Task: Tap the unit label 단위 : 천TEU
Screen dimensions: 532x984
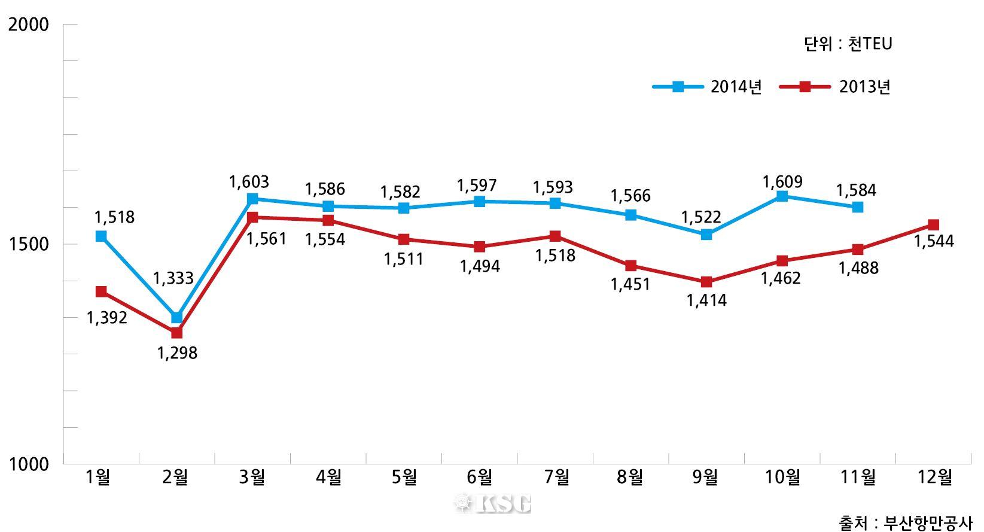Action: tap(848, 44)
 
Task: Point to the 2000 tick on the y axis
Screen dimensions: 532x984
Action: tap(28, 25)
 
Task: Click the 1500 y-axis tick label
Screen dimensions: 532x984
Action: tap(28, 244)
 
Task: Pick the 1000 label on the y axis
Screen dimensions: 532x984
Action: tap(28, 464)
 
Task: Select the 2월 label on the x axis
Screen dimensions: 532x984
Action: tap(176, 478)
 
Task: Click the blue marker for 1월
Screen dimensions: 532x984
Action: tap(101, 236)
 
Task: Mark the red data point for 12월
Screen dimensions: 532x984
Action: tap(933, 225)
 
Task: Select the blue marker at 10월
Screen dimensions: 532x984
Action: tap(782, 196)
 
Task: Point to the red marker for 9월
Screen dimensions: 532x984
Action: tap(706, 282)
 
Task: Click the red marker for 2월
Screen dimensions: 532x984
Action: tap(176, 333)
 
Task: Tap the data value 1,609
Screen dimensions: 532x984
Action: tap(782, 181)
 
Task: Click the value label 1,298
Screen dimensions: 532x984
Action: tap(177, 353)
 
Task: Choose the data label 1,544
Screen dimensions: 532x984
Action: tap(934, 241)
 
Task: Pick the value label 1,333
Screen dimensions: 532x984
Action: tap(173, 278)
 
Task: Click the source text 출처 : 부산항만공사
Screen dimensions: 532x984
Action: tap(905, 522)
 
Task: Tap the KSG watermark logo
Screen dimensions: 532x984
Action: tap(493, 504)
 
